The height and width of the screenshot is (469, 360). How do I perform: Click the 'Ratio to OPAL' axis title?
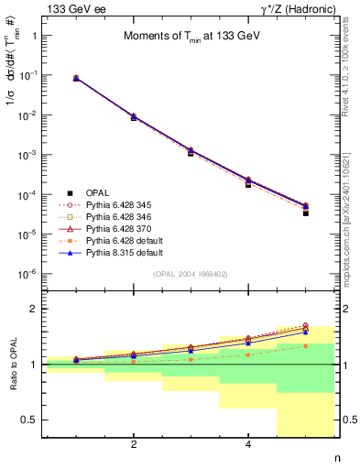coord(15,364)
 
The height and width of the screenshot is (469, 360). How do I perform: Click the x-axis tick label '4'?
coord(248,445)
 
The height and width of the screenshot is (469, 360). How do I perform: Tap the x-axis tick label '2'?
coord(134,445)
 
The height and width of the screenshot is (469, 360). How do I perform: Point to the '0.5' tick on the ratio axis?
coord(29,420)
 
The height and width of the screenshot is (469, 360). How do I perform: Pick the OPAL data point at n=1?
coord(76,79)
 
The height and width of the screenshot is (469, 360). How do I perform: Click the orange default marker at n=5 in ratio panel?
coord(305,345)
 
